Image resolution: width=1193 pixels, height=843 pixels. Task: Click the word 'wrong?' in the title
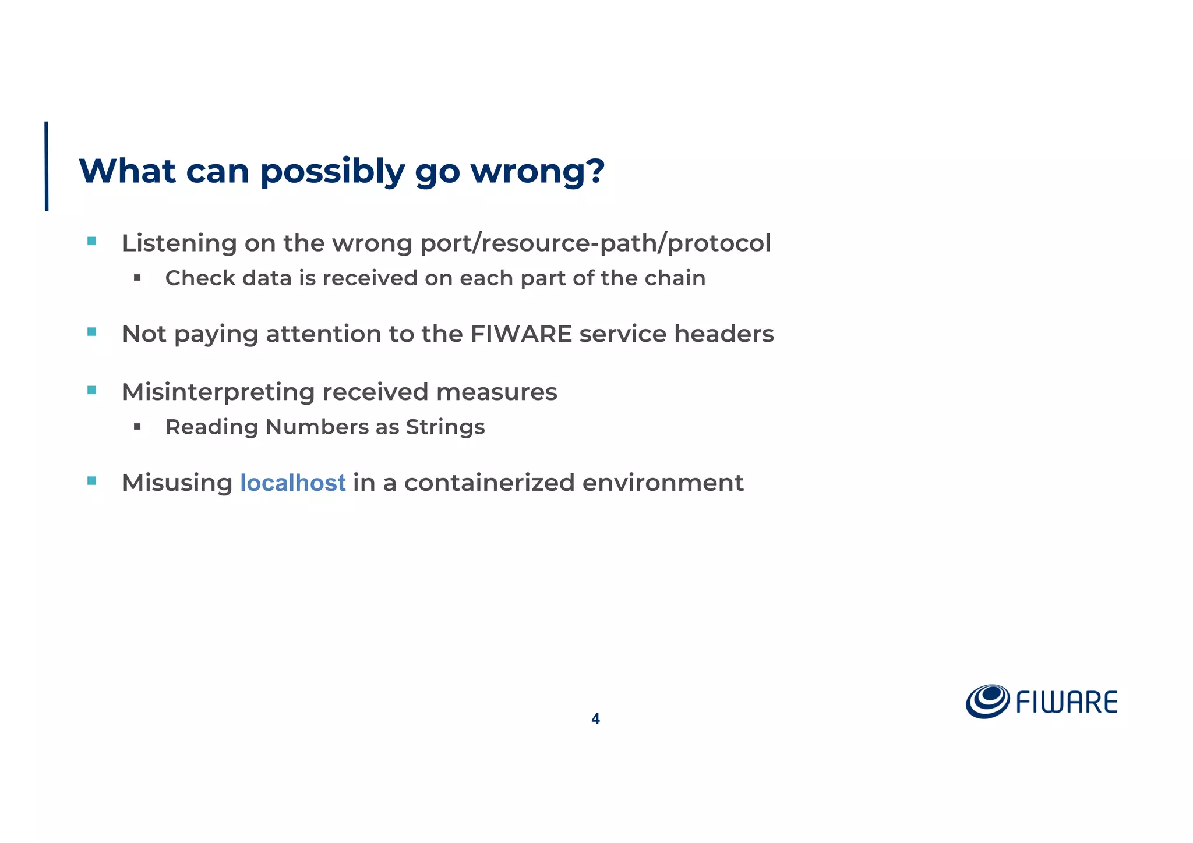coord(537,171)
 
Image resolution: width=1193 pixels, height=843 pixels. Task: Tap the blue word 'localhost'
coord(292,483)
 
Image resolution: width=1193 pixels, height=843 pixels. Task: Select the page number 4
coord(595,719)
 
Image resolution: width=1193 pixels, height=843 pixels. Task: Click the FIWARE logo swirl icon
coord(987,701)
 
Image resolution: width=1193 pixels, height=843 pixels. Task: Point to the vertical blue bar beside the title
coord(47,166)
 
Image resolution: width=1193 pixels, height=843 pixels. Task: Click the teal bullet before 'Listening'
coord(91,241)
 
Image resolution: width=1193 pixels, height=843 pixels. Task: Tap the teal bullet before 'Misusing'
coord(91,481)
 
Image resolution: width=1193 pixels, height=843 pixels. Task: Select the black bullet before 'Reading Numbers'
coord(137,427)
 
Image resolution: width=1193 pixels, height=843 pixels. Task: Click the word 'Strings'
coord(445,427)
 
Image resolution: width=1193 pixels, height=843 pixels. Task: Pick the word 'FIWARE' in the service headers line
coord(521,334)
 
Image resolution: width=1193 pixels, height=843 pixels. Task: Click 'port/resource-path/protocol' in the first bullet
coord(595,243)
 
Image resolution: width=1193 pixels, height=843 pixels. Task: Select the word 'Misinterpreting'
coord(218,392)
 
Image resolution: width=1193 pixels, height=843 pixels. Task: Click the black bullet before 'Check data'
coord(137,278)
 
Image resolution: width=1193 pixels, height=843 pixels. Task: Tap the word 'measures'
coord(496,392)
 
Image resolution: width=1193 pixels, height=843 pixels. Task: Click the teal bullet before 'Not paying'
coord(91,332)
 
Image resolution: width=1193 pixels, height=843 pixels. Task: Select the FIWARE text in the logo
coord(1067,703)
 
